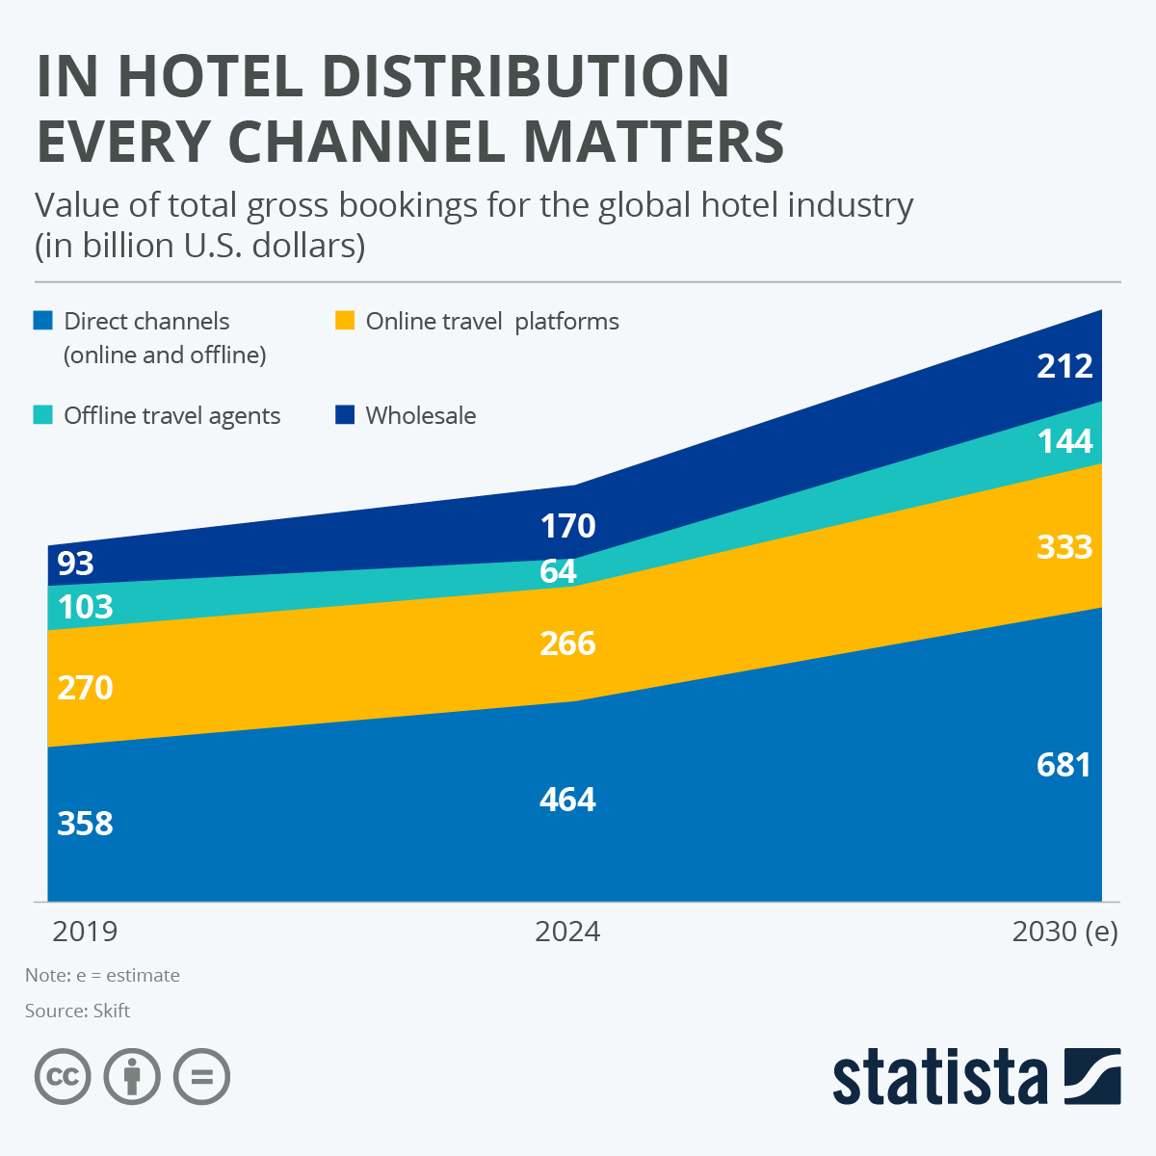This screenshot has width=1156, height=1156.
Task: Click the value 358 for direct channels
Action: [85, 824]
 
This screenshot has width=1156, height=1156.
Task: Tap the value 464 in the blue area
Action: [567, 800]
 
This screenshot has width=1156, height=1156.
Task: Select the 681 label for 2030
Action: [1064, 765]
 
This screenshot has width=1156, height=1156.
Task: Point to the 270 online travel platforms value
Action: [85, 688]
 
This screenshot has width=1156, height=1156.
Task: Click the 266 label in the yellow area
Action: [567, 644]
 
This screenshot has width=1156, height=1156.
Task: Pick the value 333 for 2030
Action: [1064, 547]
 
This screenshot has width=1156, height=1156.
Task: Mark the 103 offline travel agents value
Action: [85, 607]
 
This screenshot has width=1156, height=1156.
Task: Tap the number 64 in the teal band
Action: [558, 571]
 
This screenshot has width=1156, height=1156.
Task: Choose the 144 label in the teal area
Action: [1064, 441]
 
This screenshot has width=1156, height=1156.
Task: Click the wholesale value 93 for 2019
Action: [75, 563]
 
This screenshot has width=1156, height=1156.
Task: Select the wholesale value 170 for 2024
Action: [567, 526]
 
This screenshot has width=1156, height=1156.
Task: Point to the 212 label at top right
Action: [1064, 366]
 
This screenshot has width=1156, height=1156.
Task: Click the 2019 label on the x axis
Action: [85, 932]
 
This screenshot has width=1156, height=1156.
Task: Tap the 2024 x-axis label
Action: [567, 932]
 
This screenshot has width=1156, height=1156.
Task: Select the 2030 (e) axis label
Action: [1064, 932]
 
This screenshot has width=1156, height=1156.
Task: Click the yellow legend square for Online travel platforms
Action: [344, 321]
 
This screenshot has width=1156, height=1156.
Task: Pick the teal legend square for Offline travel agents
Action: [42, 415]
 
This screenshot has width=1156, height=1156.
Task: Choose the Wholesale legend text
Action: [421, 415]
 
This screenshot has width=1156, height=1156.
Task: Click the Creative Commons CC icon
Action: [63, 1076]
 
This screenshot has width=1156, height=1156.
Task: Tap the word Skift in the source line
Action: [112, 1011]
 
